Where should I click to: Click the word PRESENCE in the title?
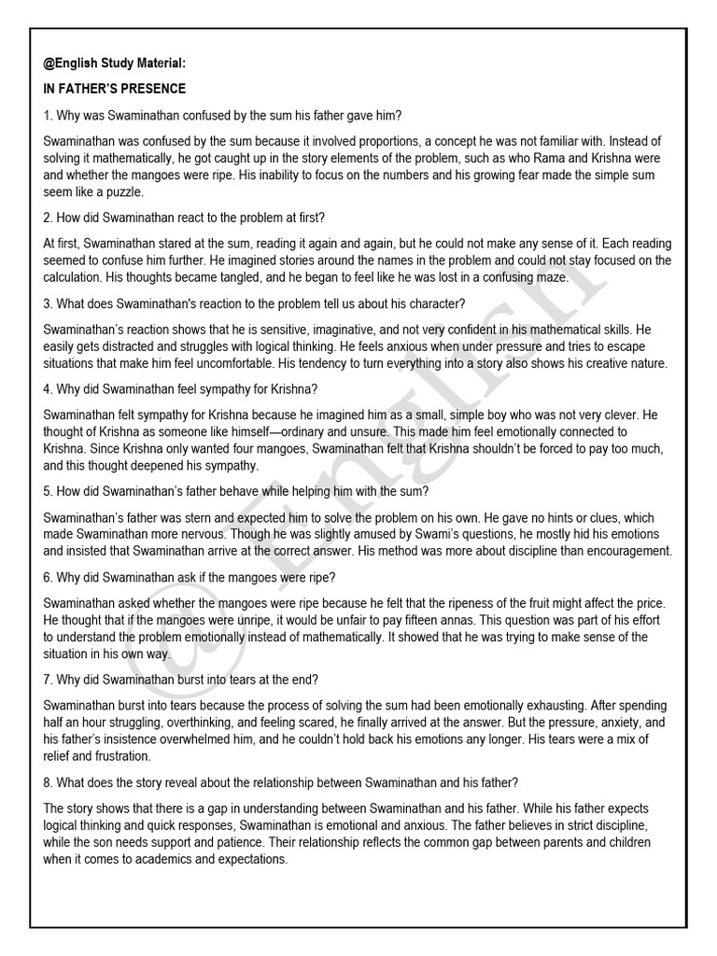153,90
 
